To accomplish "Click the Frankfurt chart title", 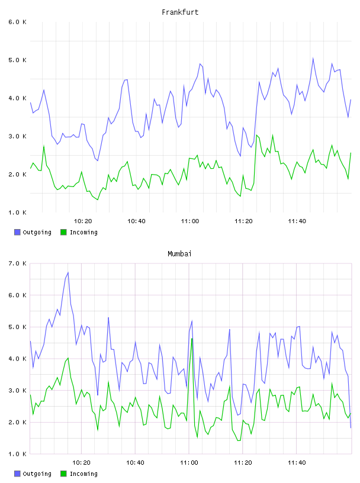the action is coord(180,12).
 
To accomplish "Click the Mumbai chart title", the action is coord(179,254).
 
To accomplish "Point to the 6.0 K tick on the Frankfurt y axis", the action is coord(18,22).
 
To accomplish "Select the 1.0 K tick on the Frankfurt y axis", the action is coord(18,212).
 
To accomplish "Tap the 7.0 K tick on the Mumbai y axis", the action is coord(18,263).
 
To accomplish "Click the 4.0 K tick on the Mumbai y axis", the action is coord(18,359).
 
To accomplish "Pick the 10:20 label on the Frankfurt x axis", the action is coord(83,221).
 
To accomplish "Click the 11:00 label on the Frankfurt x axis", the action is coord(190,221).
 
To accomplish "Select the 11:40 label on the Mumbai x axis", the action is coord(297,463).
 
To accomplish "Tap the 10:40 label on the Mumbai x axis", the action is coord(136,463).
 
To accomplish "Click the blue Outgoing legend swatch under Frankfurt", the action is coord(17,232).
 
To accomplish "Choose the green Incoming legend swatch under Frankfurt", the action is coord(63,232).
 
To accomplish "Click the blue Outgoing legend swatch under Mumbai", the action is coord(17,474).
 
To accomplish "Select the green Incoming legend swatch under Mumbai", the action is coord(63,474).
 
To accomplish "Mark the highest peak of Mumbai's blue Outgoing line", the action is coord(68,272).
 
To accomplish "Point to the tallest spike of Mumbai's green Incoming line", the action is coord(192,339).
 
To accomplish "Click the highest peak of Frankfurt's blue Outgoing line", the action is coord(313,58).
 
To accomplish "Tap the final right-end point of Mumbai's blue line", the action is coord(351,427).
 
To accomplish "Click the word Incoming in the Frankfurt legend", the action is coord(83,233).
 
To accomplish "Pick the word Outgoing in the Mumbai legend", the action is coord(37,474).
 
